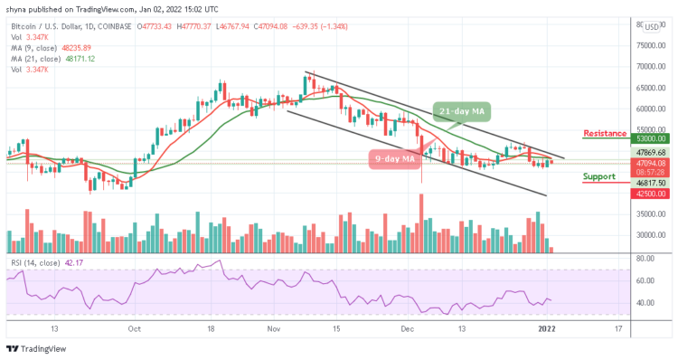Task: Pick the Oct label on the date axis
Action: pyautogui.click(x=134, y=328)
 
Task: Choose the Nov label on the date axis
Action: pyautogui.click(x=273, y=328)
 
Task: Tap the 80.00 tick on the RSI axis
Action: pyautogui.click(x=645, y=259)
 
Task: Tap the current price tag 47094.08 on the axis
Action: pyautogui.click(x=649, y=164)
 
